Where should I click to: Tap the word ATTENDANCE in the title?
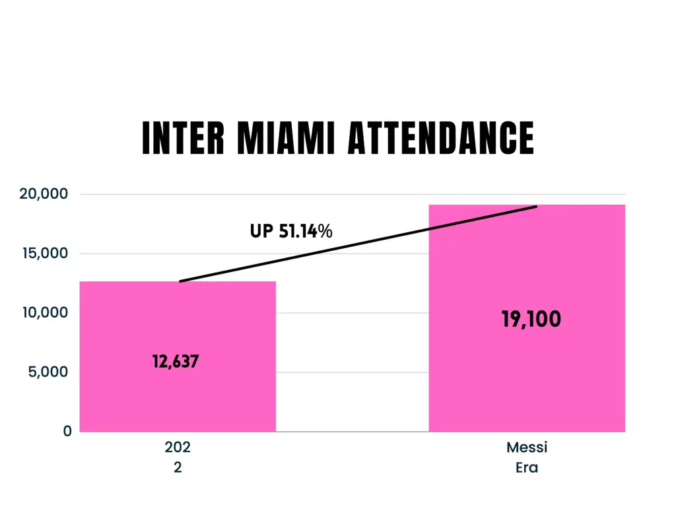441,139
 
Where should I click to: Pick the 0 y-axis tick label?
67,431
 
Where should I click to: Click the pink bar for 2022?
178,396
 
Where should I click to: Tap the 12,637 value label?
176,362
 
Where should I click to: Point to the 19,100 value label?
531,320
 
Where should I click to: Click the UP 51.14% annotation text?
291,232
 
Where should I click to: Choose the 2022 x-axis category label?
178,457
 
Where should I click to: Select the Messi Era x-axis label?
527,457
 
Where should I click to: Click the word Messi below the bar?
527,448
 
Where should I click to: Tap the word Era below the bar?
527,467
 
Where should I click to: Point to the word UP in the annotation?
261,232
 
